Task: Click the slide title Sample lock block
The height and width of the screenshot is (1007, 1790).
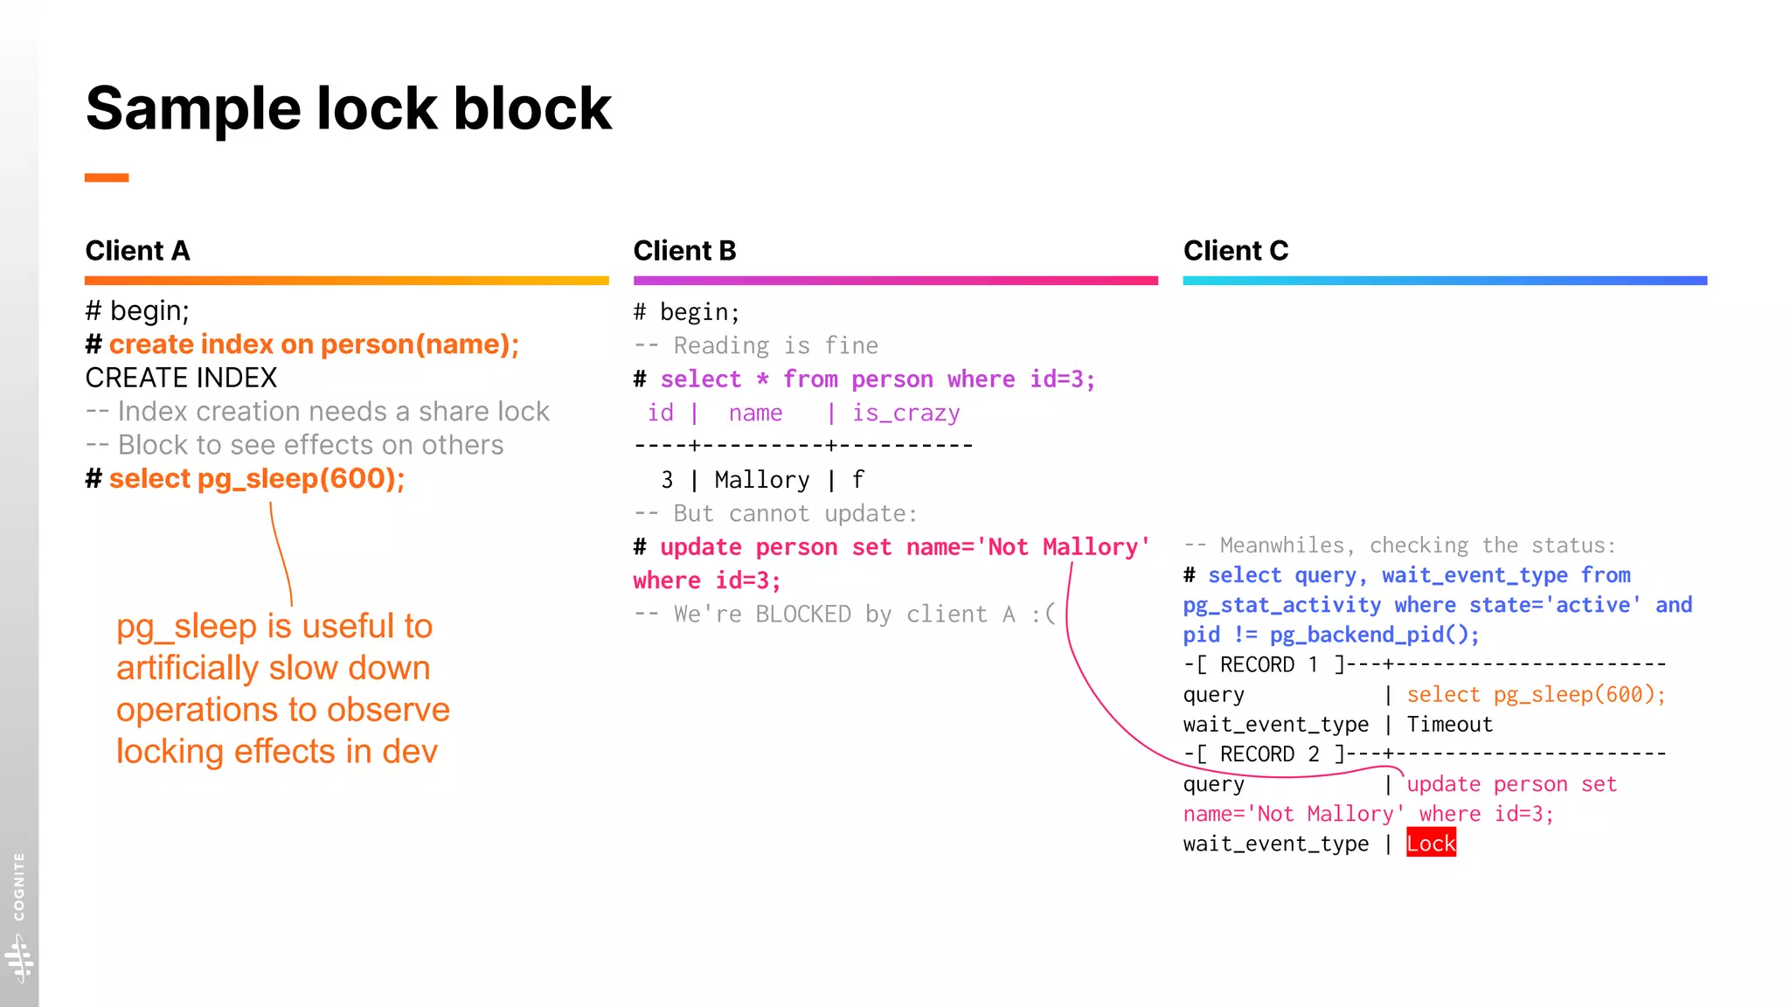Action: (348, 108)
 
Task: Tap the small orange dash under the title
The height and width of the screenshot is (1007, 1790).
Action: (107, 177)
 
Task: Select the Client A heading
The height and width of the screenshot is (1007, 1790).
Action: (137, 251)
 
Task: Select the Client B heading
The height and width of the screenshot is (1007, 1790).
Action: (684, 251)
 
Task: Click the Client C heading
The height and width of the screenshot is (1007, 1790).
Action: (1235, 251)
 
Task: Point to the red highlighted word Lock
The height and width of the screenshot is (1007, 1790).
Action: (1431, 844)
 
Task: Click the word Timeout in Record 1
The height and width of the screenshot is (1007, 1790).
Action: (1449, 725)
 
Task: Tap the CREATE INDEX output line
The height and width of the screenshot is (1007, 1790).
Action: (181, 378)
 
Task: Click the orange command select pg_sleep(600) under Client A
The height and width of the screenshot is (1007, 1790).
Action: (256, 479)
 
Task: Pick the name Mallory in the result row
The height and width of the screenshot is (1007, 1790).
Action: (761, 480)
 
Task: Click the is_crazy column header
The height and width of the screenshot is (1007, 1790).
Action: (905, 413)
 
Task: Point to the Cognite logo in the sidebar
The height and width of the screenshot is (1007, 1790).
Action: (19, 957)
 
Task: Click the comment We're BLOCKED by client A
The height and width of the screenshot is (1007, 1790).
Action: (845, 615)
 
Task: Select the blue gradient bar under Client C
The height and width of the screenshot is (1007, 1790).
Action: (1444, 281)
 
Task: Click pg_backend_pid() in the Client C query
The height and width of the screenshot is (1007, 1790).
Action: (1373, 635)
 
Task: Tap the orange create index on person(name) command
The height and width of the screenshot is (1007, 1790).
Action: (313, 344)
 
